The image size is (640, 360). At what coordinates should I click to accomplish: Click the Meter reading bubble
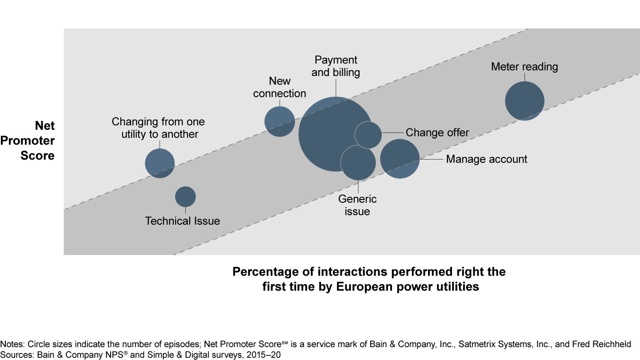click(524, 101)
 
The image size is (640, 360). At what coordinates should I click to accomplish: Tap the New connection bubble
click(280, 121)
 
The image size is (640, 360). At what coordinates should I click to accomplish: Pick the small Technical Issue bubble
click(185, 196)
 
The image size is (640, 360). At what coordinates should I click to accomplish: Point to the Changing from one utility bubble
click(160, 163)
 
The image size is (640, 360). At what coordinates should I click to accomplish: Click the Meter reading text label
click(524, 67)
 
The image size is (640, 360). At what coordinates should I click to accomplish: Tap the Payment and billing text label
click(336, 66)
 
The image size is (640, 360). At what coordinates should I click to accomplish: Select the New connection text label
click(280, 87)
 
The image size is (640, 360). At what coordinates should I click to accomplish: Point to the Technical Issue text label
click(182, 221)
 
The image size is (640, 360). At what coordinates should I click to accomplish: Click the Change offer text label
click(437, 133)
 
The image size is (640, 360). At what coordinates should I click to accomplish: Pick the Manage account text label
click(486, 159)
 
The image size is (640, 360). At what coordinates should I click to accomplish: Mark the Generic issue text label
click(357, 205)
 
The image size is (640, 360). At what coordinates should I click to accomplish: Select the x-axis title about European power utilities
click(369, 279)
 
